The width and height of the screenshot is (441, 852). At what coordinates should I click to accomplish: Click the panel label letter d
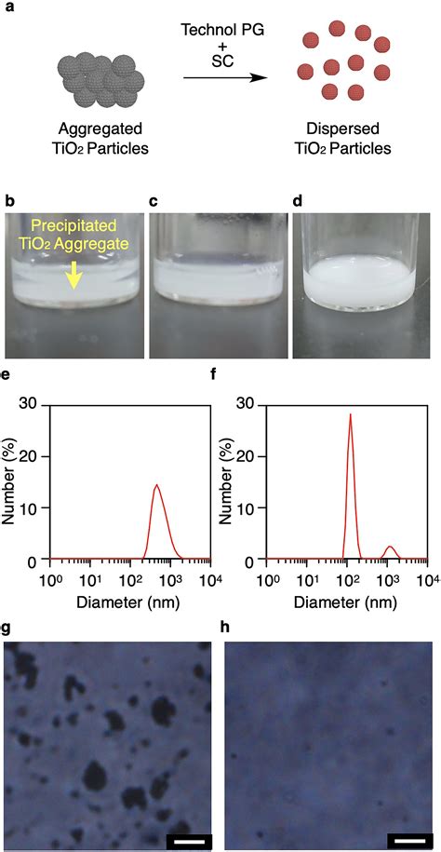click(x=298, y=201)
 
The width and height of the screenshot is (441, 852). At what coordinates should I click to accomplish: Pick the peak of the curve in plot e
click(x=157, y=485)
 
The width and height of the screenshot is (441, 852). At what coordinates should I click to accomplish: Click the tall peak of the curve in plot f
click(x=351, y=415)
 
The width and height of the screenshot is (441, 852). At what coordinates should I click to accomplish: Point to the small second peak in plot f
click(x=390, y=547)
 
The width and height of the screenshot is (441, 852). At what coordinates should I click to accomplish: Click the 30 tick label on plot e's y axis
click(x=31, y=404)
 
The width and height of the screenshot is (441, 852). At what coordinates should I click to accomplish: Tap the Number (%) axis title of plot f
click(x=226, y=480)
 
